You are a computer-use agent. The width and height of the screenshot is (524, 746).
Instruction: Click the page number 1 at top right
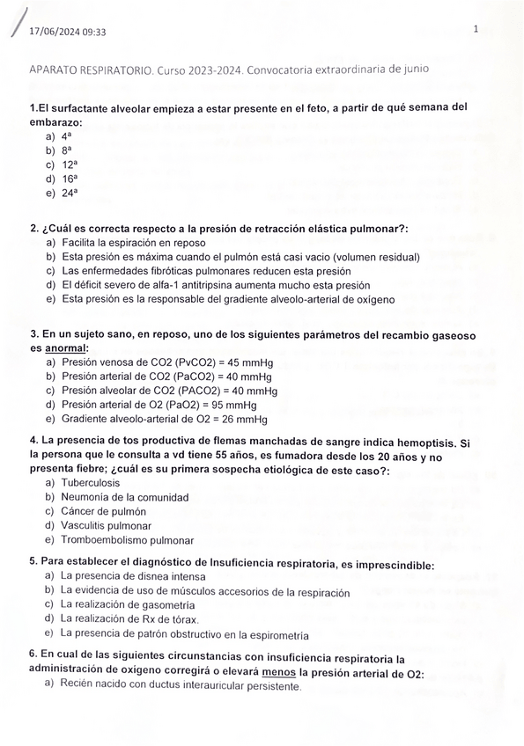475,29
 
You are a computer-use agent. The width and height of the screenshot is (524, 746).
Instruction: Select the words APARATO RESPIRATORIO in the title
92,69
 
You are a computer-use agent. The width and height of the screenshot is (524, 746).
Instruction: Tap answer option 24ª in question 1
70,193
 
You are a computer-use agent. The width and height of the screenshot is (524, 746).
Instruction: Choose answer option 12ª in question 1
70,165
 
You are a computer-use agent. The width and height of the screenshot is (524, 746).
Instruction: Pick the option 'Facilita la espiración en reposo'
133,243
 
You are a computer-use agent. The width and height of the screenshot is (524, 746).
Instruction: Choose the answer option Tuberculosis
91,483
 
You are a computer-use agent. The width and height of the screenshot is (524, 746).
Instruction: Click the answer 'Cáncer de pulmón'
104,511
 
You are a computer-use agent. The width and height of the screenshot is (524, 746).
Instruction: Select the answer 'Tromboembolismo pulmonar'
128,540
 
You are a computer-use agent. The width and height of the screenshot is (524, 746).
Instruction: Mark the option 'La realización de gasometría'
128,605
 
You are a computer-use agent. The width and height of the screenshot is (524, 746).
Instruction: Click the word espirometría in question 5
278,635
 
